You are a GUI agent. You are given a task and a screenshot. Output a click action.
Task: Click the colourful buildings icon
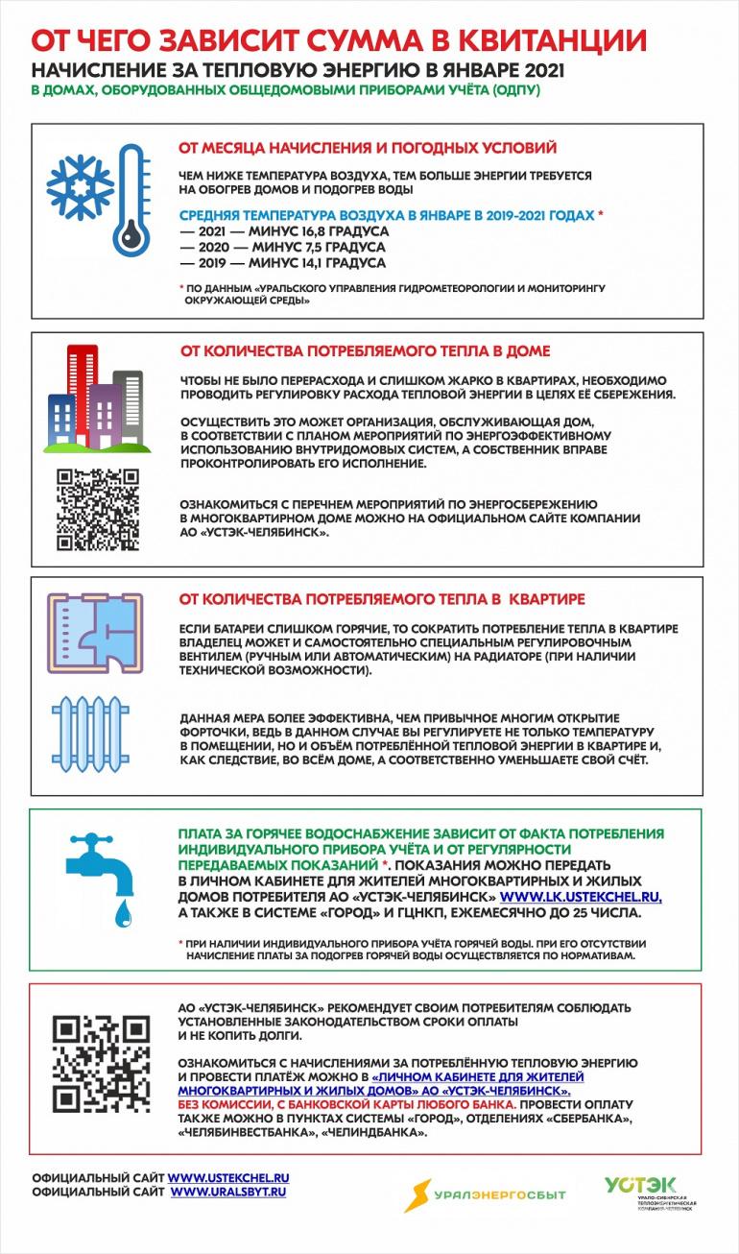[93, 398]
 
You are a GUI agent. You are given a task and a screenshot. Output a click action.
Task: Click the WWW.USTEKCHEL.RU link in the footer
[228, 1177]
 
